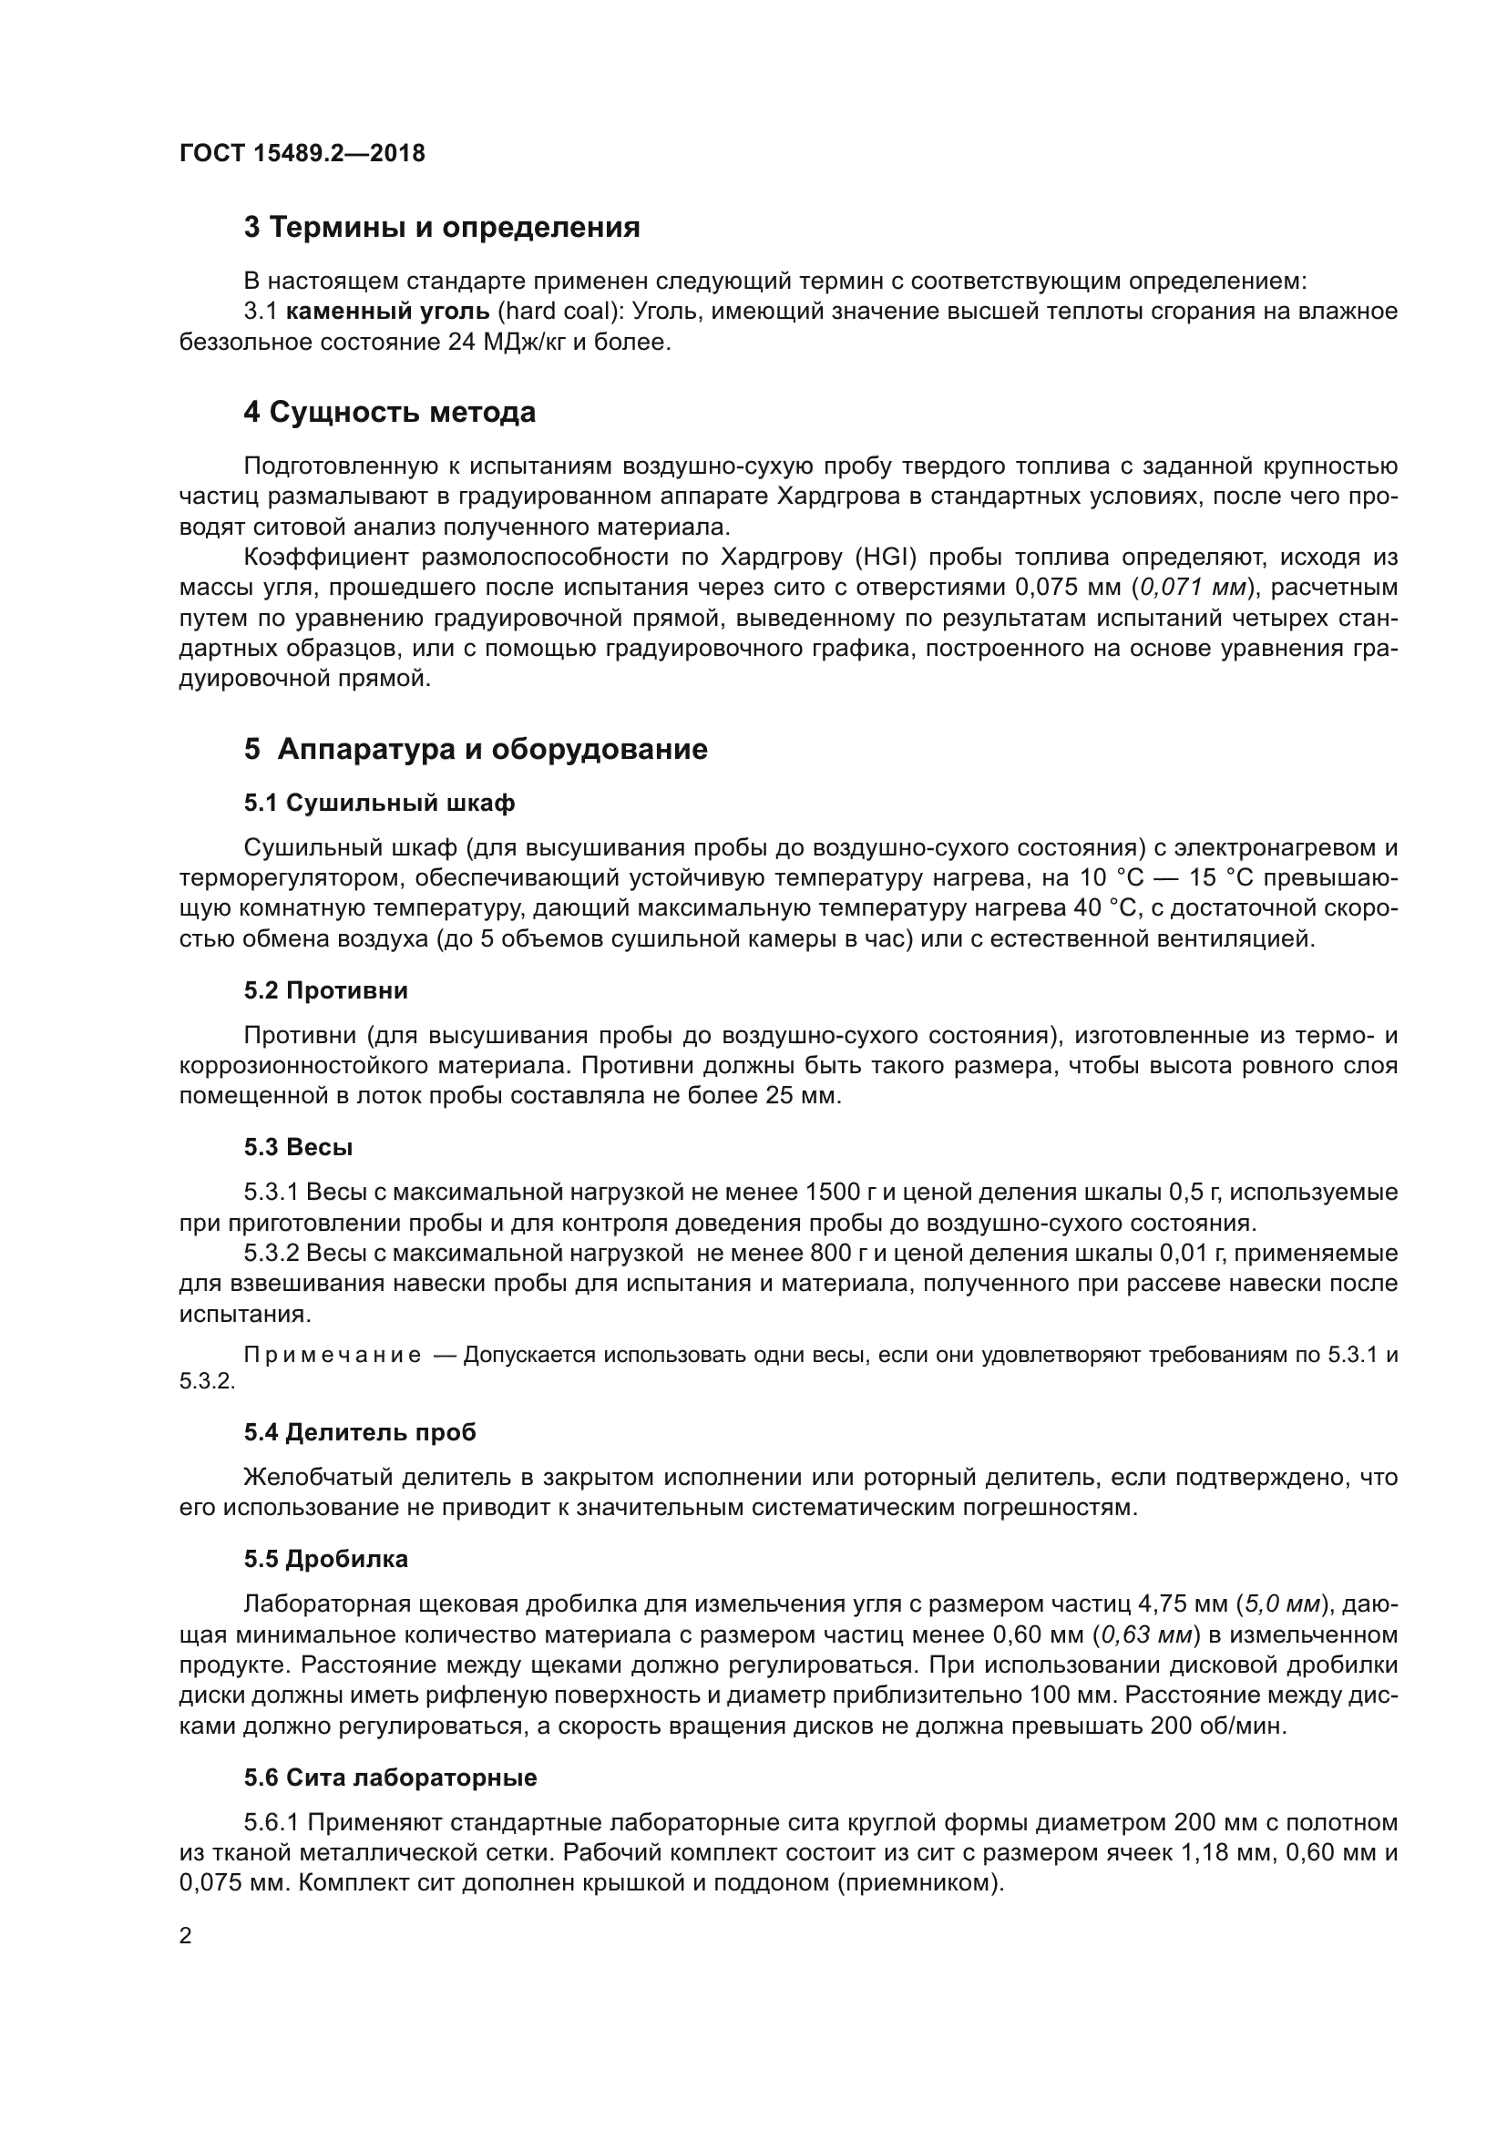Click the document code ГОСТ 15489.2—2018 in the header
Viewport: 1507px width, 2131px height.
(302, 153)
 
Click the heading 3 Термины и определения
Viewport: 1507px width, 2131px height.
(442, 228)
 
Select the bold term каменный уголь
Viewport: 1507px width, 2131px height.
(387, 312)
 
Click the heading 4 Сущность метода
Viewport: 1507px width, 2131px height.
(390, 412)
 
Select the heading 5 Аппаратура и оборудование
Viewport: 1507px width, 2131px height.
(475, 749)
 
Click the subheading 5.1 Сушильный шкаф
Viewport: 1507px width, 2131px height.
(380, 803)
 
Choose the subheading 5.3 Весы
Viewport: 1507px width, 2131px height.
(298, 1147)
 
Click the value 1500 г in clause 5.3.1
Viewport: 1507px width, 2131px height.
(842, 1193)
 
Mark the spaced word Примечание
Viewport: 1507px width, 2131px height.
(332, 1355)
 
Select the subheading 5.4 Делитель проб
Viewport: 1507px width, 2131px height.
(360, 1432)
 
